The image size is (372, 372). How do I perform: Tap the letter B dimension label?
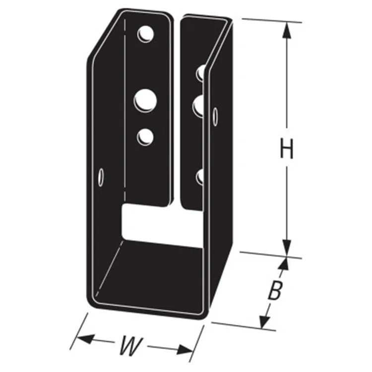click(274, 292)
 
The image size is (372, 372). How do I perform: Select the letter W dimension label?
click(128, 346)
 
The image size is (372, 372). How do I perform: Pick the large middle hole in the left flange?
click(145, 99)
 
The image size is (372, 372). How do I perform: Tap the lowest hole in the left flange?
click(145, 136)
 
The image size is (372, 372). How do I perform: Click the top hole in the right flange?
click(201, 73)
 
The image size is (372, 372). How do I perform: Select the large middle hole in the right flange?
click(199, 105)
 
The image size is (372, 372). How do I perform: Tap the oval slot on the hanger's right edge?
click(215, 117)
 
